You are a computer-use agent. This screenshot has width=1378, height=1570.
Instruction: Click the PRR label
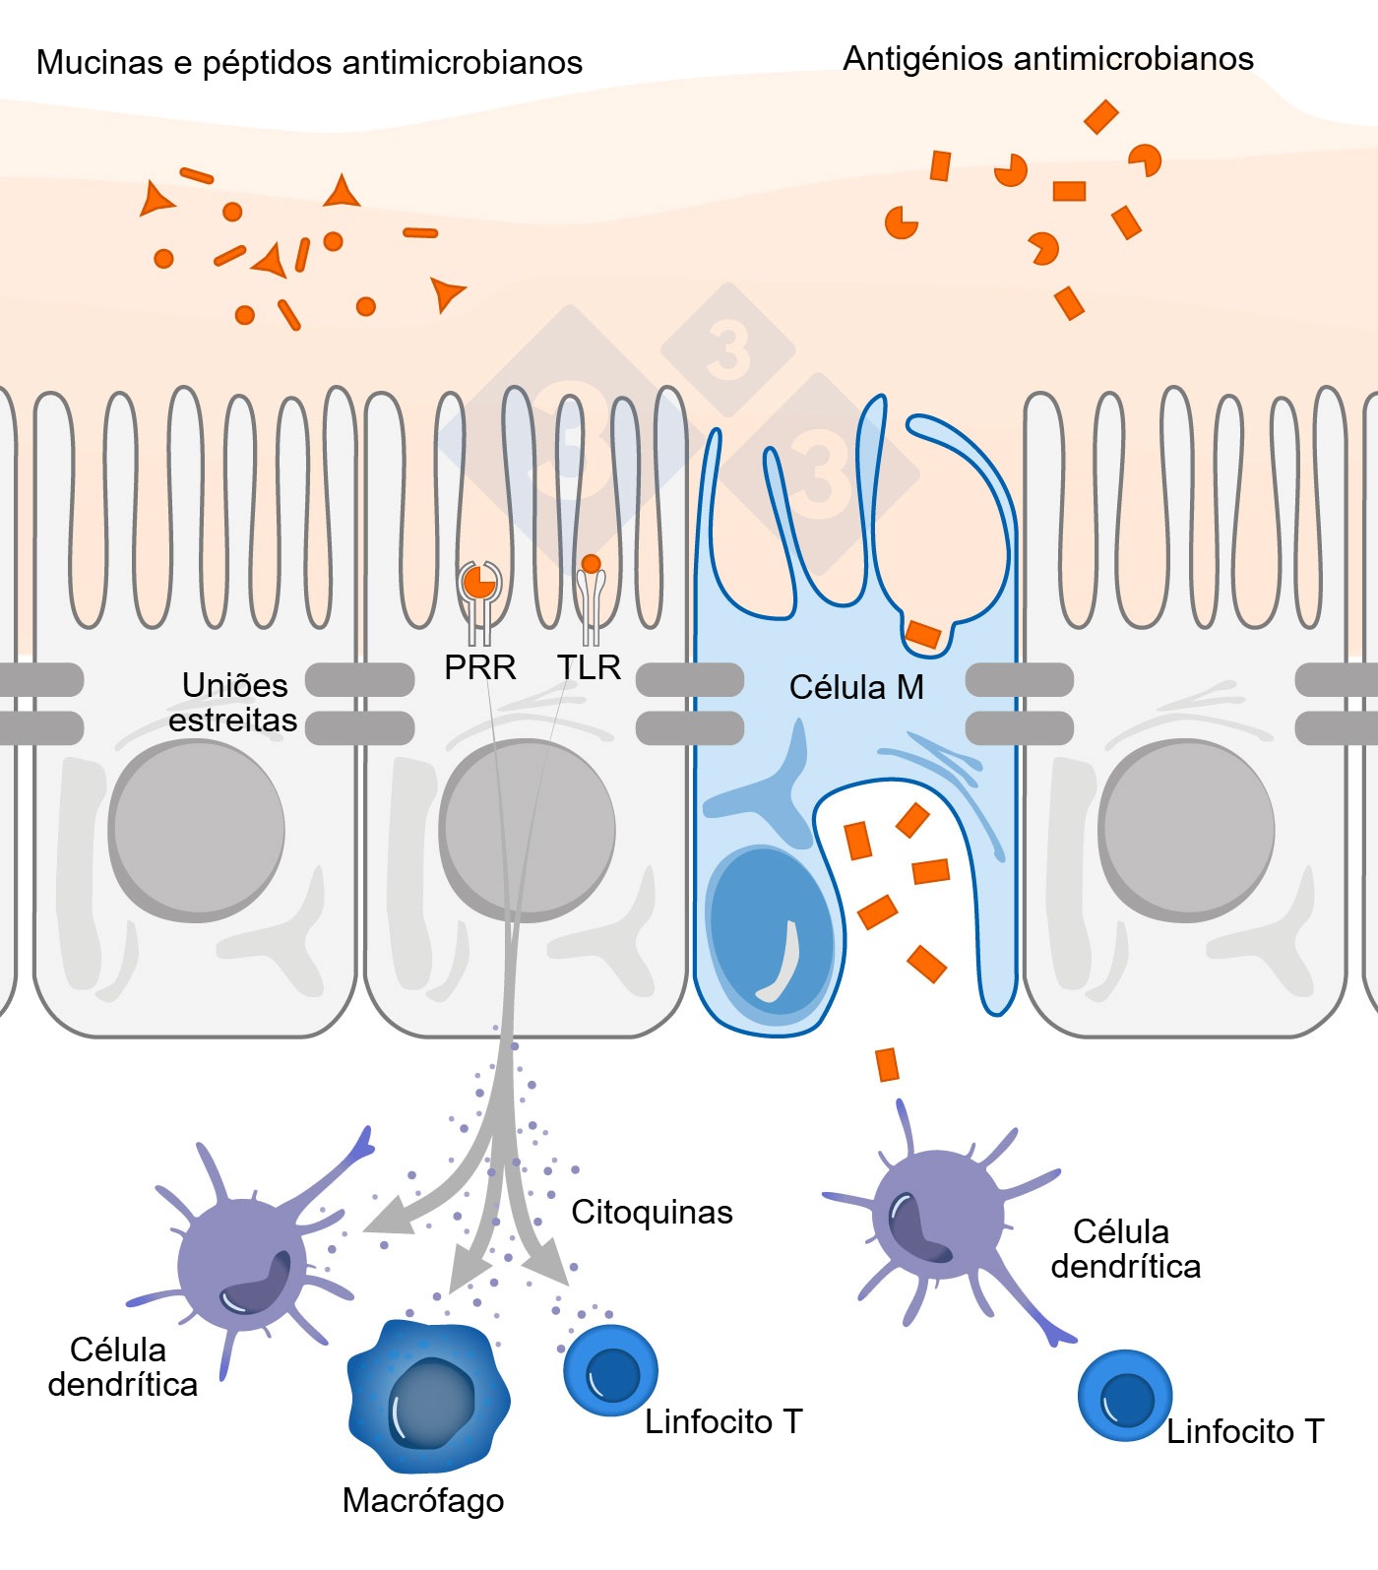pos(479,667)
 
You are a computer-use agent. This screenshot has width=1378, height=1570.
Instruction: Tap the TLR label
pos(589,667)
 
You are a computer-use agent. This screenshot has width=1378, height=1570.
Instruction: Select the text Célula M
pos(856,687)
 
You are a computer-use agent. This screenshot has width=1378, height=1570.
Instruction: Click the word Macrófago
pos(423,1500)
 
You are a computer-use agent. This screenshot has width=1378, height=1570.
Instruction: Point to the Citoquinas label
pos(652,1212)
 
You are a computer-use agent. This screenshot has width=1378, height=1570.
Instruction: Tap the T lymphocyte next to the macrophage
pos(610,1371)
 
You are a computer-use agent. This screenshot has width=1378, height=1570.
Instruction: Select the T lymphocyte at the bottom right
pos(1124,1396)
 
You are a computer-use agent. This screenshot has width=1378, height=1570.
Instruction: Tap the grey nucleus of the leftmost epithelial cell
pos(197,830)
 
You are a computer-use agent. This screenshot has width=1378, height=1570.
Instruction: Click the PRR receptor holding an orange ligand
pos(479,583)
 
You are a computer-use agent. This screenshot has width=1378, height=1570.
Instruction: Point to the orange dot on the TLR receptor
pos(591,564)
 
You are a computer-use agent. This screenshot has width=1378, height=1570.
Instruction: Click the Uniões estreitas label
pos(233,702)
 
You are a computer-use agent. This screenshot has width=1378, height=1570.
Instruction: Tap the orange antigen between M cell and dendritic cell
pos(887,1064)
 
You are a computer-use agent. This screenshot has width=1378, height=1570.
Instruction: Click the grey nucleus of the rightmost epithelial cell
pos(1186,830)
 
